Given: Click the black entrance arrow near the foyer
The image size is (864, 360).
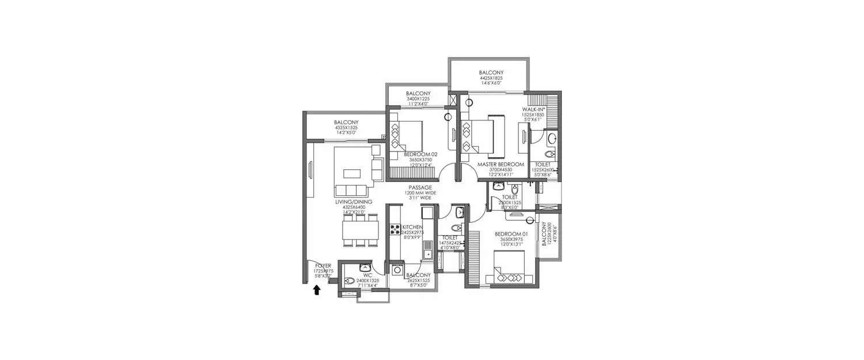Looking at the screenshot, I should point(316,291).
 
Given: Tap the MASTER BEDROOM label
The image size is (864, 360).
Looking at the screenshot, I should point(501,165).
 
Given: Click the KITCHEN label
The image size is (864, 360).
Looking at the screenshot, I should point(413,227).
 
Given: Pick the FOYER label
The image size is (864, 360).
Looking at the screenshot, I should point(323,266).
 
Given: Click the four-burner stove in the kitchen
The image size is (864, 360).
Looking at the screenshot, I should point(396,230).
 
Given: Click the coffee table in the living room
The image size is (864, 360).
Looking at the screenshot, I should point(351,173).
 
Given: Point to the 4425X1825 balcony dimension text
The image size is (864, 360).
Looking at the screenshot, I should point(491,78).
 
